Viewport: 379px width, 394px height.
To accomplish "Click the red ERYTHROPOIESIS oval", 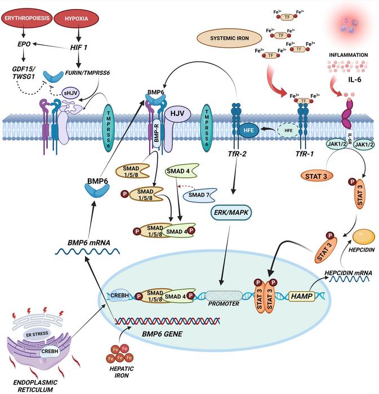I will pos(28,18).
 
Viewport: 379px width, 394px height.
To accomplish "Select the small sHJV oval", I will pos(70,93).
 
